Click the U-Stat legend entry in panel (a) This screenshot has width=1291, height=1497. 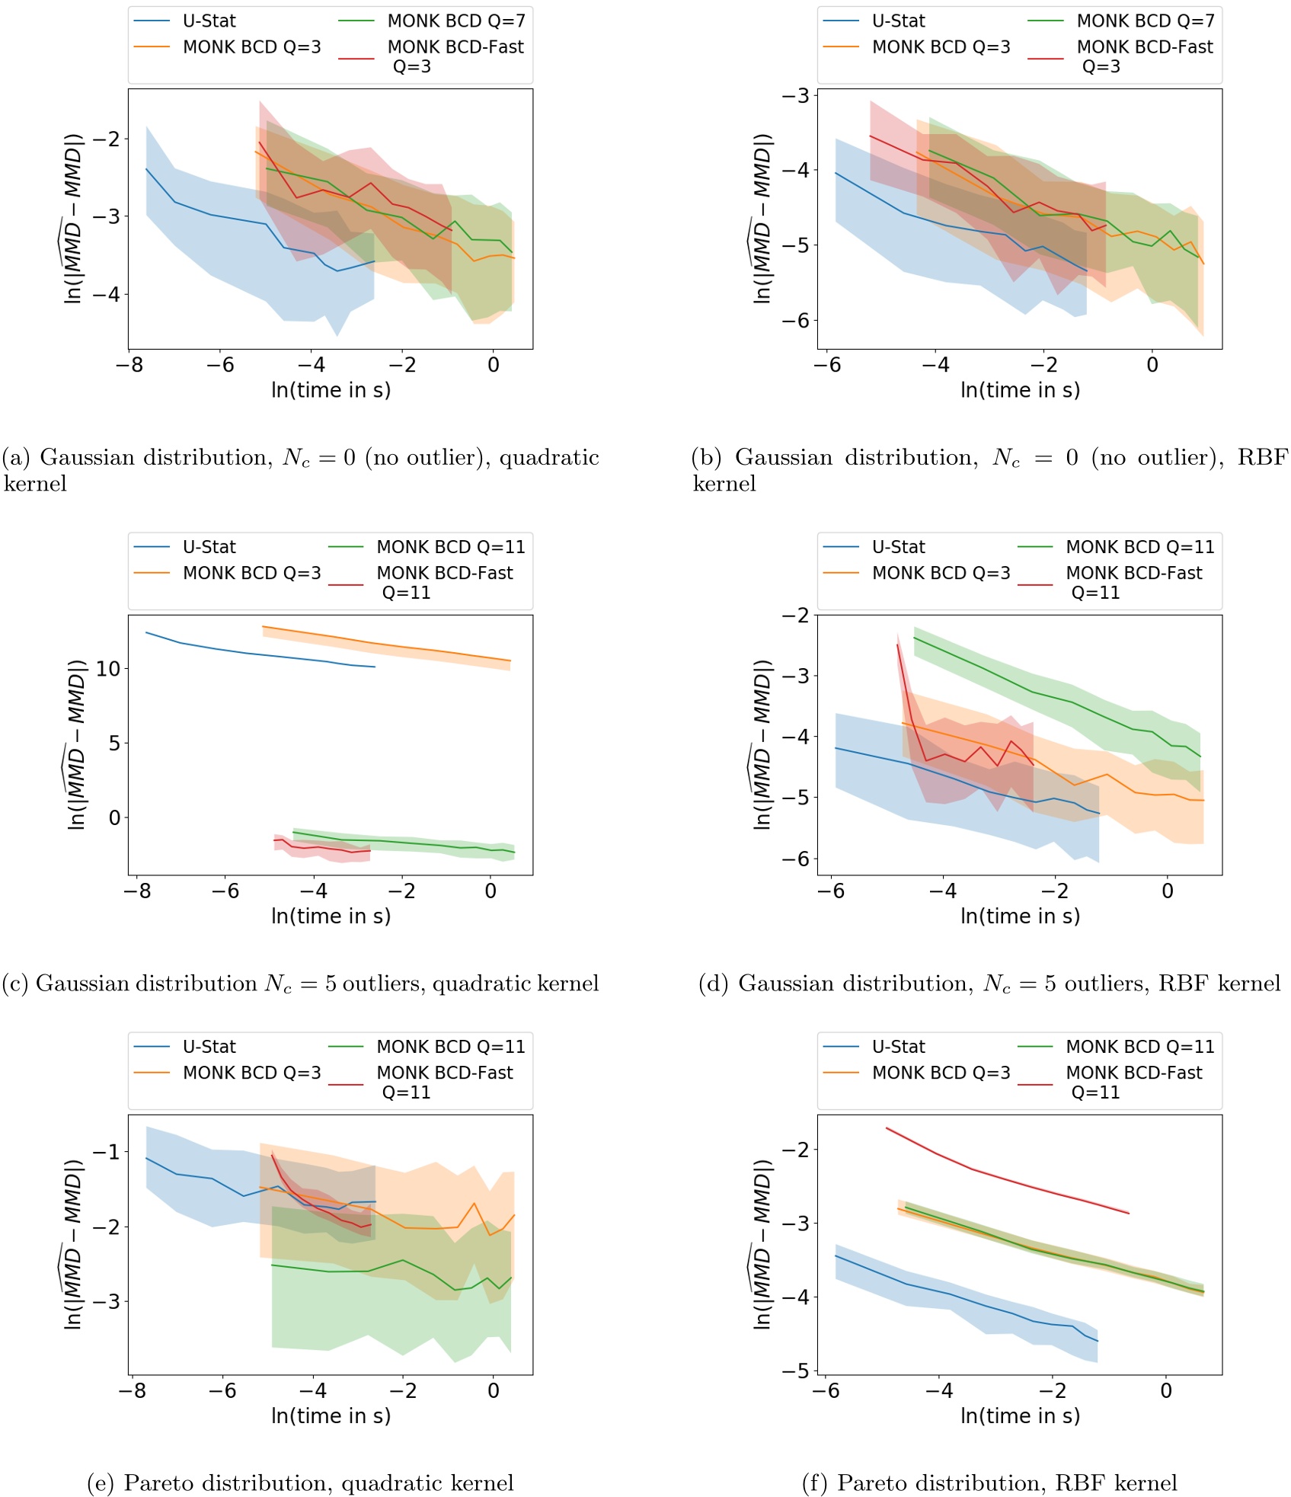(209, 21)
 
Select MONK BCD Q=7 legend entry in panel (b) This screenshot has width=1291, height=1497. (1145, 21)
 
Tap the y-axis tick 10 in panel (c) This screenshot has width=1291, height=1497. (108, 669)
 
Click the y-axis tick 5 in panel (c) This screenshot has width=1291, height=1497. (114, 743)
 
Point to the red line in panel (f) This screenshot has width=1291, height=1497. (1005, 1180)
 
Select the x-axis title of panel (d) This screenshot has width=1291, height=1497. (1020, 916)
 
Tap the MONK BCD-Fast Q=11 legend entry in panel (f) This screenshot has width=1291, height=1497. (1133, 1082)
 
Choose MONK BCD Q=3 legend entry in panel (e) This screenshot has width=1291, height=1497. (251, 1073)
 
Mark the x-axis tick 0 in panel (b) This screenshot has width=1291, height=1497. (1152, 366)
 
